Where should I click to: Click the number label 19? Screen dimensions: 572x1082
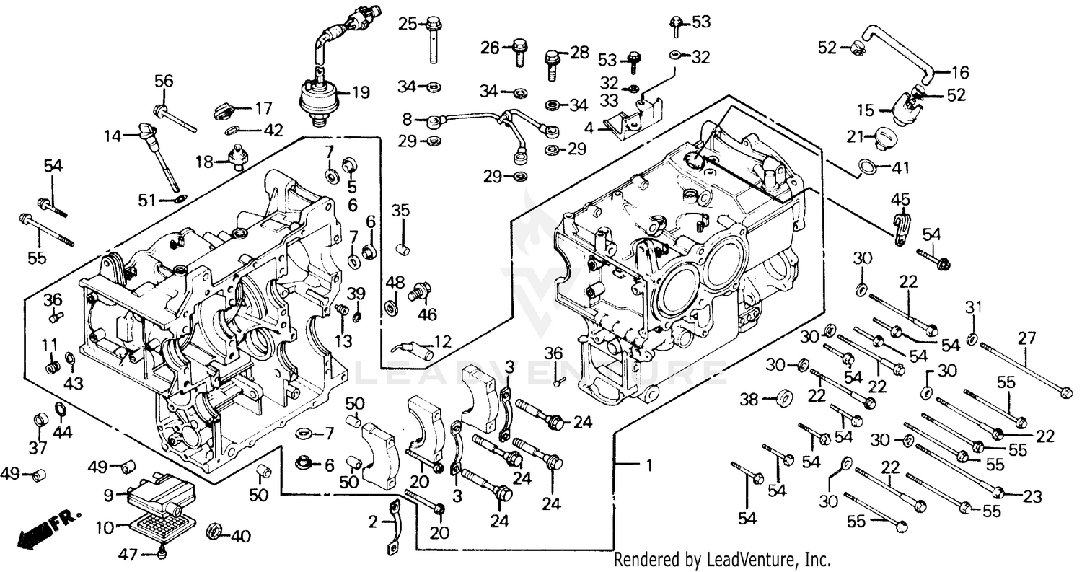click(360, 92)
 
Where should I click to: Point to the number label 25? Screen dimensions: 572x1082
click(408, 24)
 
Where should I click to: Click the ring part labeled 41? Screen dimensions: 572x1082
click(869, 168)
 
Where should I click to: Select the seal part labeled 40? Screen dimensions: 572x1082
click(215, 533)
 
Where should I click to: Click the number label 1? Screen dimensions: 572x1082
click(648, 467)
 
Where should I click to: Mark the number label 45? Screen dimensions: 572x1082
click(900, 199)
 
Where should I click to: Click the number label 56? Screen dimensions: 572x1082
click(164, 82)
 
